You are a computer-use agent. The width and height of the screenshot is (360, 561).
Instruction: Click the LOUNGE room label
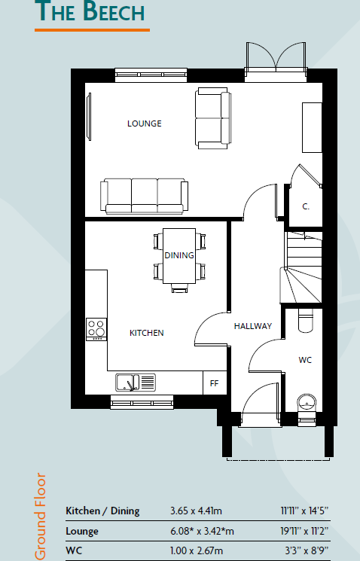tap(144, 123)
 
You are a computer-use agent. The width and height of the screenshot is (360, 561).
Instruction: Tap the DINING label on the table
tap(179, 255)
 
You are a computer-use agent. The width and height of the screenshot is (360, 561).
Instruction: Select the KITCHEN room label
tap(146, 332)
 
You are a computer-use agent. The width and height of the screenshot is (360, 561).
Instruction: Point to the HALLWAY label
tap(252, 326)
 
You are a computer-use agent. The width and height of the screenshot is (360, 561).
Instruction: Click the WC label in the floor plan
tap(305, 360)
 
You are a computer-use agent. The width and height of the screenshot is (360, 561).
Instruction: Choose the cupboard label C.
tap(307, 206)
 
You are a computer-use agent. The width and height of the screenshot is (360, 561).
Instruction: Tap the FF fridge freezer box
tap(214, 383)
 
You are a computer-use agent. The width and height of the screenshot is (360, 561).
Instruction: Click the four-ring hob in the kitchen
tap(96, 329)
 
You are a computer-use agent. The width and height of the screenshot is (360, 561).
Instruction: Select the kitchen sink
tap(136, 383)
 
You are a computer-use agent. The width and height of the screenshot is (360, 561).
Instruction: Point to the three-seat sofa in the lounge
tap(143, 196)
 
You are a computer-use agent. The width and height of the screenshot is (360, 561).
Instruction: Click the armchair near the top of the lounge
tap(212, 117)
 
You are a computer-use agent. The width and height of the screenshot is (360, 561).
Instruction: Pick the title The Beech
tap(90, 13)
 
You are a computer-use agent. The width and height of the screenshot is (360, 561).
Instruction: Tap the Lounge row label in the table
tap(83, 531)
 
